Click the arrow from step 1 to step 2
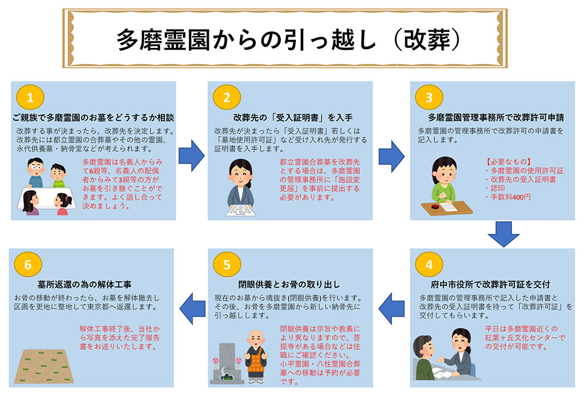click(x=192, y=153)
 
